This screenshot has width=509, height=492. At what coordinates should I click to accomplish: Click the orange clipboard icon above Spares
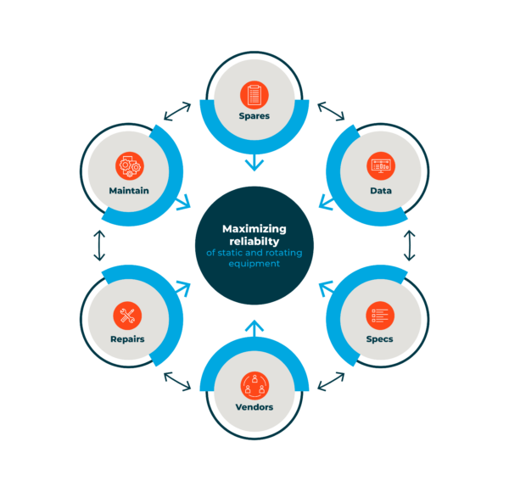point(255,95)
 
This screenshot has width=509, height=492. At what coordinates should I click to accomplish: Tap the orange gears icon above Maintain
point(130,166)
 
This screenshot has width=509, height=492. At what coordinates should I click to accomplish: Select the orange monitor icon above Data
point(381,166)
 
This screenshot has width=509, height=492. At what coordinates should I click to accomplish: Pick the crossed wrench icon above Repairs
point(127,316)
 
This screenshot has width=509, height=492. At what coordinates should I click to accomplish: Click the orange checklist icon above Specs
point(380,316)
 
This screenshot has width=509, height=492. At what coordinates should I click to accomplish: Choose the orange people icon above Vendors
point(255,386)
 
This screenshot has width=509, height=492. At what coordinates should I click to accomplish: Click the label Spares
point(255,116)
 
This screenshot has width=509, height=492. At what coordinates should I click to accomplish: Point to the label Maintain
point(129,191)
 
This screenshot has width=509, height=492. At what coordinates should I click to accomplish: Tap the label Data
point(381,191)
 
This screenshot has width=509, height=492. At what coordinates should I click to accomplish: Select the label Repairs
point(127,339)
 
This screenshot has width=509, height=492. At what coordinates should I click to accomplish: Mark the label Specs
point(379,339)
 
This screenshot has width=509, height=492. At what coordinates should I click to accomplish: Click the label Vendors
point(255,407)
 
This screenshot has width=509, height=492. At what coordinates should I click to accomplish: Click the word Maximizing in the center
point(255,229)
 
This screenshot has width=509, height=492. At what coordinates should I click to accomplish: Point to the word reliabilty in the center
point(255,242)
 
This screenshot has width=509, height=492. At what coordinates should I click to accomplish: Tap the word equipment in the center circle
point(255,264)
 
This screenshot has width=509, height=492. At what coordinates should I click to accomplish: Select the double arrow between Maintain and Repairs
point(99,246)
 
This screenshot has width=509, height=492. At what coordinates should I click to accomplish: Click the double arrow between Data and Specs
point(410,246)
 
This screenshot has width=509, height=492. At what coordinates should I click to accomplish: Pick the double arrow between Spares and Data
point(331,111)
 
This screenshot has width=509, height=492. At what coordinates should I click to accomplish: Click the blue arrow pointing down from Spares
point(255,163)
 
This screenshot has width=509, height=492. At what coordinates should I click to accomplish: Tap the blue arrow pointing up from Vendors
point(255,328)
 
